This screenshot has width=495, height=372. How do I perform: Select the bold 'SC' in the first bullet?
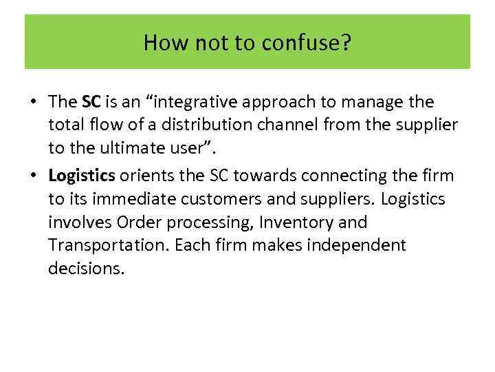(x=91, y=102)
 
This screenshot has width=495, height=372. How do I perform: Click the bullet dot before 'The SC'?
(x=32, y=103)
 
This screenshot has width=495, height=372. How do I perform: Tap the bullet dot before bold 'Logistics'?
(x=32, y=175)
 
